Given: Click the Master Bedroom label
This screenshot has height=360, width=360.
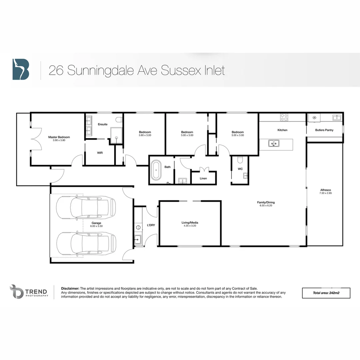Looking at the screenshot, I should click(59, 137).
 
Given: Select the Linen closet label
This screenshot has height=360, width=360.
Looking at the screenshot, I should click(203, 178).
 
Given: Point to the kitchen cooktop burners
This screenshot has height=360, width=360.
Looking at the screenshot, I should click(284, 117).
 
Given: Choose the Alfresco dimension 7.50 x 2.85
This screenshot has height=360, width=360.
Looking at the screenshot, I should click(325, 193).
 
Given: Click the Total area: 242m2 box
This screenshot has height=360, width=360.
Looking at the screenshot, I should click(326, 293).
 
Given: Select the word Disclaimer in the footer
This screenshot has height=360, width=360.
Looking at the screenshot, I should click(70, 288).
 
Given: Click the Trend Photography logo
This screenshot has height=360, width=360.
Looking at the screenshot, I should click(29, 292).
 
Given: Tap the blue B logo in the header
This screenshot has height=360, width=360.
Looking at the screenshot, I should click(21, 69).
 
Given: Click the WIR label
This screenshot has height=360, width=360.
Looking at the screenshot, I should click(100, 153).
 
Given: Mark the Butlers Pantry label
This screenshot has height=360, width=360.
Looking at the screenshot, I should click(324, 130).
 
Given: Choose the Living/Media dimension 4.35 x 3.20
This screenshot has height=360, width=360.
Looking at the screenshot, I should click(190, 226).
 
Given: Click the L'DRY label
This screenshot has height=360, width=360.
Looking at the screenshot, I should click(151, 225).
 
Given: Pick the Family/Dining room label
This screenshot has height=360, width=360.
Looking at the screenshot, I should click(266, 202).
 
